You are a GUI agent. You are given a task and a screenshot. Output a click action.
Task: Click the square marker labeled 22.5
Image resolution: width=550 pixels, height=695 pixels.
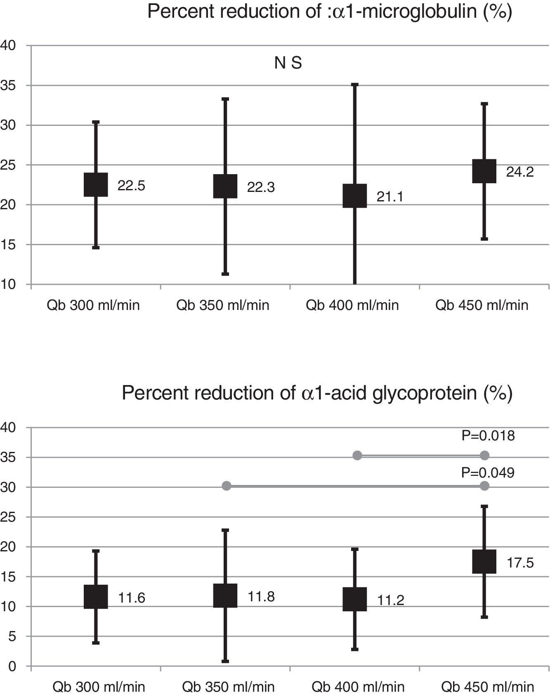[96, 184]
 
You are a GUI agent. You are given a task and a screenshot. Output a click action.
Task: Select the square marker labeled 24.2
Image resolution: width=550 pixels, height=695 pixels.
[484, 171]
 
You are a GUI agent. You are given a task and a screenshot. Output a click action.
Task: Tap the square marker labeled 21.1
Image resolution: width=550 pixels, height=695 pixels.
[354, 196]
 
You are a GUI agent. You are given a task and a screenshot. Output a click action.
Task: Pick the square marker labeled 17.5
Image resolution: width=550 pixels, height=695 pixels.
[484, 562]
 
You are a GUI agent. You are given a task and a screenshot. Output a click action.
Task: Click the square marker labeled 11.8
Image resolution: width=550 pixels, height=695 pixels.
[225, 596]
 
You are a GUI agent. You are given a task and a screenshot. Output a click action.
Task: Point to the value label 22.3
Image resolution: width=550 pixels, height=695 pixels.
[261, 187]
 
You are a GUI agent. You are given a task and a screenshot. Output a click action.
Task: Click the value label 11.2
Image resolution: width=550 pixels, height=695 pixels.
[390, 600]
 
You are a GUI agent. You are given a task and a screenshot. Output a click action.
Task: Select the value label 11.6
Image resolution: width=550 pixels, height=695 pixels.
[132, 598]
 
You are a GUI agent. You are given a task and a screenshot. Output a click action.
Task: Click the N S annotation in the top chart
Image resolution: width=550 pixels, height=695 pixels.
[288, 63]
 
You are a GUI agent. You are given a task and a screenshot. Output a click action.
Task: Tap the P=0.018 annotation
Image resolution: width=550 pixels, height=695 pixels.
[488, 436]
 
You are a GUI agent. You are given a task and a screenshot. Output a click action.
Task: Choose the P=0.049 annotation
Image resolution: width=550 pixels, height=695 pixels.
[488, 473]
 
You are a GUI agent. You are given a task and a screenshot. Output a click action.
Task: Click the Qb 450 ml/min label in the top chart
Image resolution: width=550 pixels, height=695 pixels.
[482, 305]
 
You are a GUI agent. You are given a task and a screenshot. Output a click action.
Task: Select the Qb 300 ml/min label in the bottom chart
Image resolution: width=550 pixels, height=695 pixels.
[99, 687]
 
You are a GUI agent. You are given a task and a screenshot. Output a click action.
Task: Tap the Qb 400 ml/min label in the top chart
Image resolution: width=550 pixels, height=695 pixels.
[352, 305]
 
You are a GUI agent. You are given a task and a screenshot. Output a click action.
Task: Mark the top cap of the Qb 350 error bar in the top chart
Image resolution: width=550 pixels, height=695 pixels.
[225, 99]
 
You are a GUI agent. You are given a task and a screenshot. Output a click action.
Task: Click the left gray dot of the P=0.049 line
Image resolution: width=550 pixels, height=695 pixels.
[227, 486]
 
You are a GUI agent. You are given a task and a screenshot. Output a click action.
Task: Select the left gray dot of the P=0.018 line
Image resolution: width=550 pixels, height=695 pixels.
[357, 455]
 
